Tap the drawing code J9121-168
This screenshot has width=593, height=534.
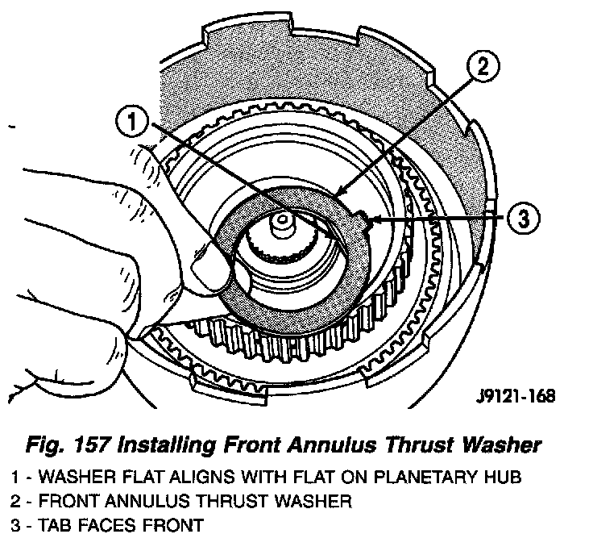click(514, 396)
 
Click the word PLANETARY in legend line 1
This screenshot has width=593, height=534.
click(426, 478)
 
